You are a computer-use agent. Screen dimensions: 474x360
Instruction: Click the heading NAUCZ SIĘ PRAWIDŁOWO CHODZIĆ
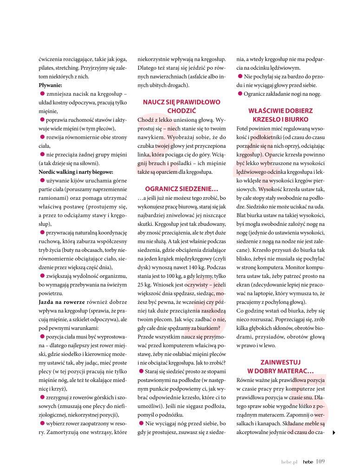click(x=182, y=106)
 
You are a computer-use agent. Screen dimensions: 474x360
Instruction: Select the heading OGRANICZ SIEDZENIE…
click(x=182, y=189)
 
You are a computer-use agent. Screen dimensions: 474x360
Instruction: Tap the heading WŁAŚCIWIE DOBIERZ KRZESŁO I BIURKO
click(x=281, y=115)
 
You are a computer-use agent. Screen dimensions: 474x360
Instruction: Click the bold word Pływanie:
click(x=50, y=85)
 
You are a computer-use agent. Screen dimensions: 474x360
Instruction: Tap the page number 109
click(x=320, y=461)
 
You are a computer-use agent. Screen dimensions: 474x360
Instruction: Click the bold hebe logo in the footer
click(x=308, y=462)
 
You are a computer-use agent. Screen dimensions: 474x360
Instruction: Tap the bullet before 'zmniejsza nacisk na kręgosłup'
click(x=41, y=94)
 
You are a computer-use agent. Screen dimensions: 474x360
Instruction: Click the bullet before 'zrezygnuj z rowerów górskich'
click(x=41, y=398)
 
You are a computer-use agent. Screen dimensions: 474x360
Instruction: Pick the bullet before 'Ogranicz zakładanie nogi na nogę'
click(x=239, y=94)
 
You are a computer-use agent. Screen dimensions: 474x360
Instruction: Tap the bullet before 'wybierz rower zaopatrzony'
click(x=41, y=424)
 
